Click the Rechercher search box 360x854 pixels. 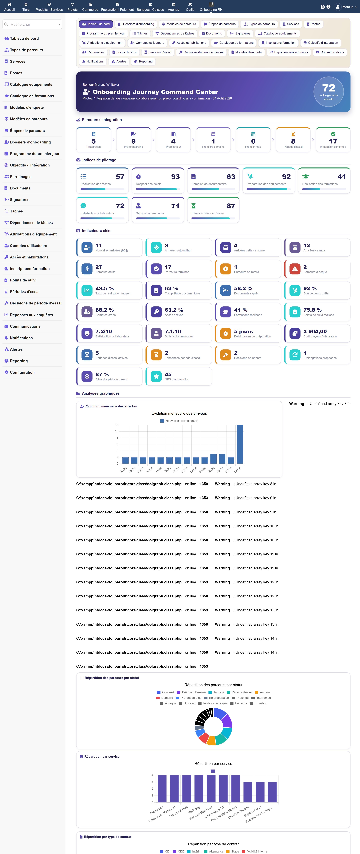point(32,24)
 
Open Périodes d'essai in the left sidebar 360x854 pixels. point(24,292)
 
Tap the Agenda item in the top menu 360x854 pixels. point(173,7)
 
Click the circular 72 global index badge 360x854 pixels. point(328,92)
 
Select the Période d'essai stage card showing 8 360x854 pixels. point(293,140)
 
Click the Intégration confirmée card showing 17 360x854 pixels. point(333,140)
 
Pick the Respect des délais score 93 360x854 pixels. point(175,177)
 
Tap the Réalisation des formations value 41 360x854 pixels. point(341,177)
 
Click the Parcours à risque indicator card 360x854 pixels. point(317,269)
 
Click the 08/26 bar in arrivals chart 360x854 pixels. point(240,444)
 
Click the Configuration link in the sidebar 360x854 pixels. point(22,372)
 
